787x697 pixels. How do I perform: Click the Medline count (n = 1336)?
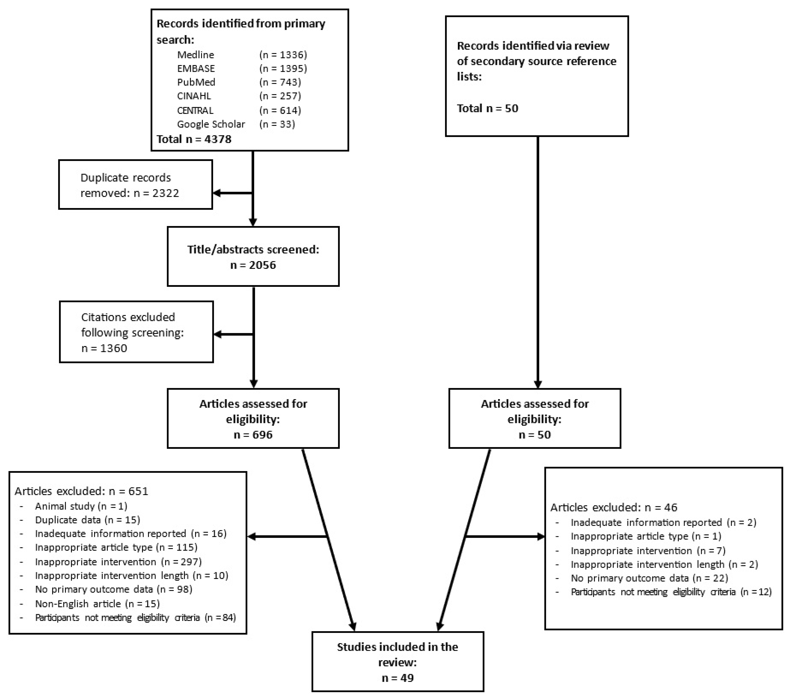(283, 55)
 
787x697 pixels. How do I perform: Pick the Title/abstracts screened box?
(253, 257)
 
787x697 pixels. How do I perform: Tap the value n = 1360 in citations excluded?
(104, 348)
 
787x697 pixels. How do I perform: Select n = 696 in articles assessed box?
(253, 435)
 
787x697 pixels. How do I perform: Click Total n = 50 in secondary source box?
(487, 108)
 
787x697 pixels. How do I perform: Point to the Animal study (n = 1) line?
(81, 506)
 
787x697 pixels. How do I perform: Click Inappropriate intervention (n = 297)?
(118, 562)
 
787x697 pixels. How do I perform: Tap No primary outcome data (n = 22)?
(649, 578)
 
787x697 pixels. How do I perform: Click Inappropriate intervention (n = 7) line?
(648, 551)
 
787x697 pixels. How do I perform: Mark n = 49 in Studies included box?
(397, 678)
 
